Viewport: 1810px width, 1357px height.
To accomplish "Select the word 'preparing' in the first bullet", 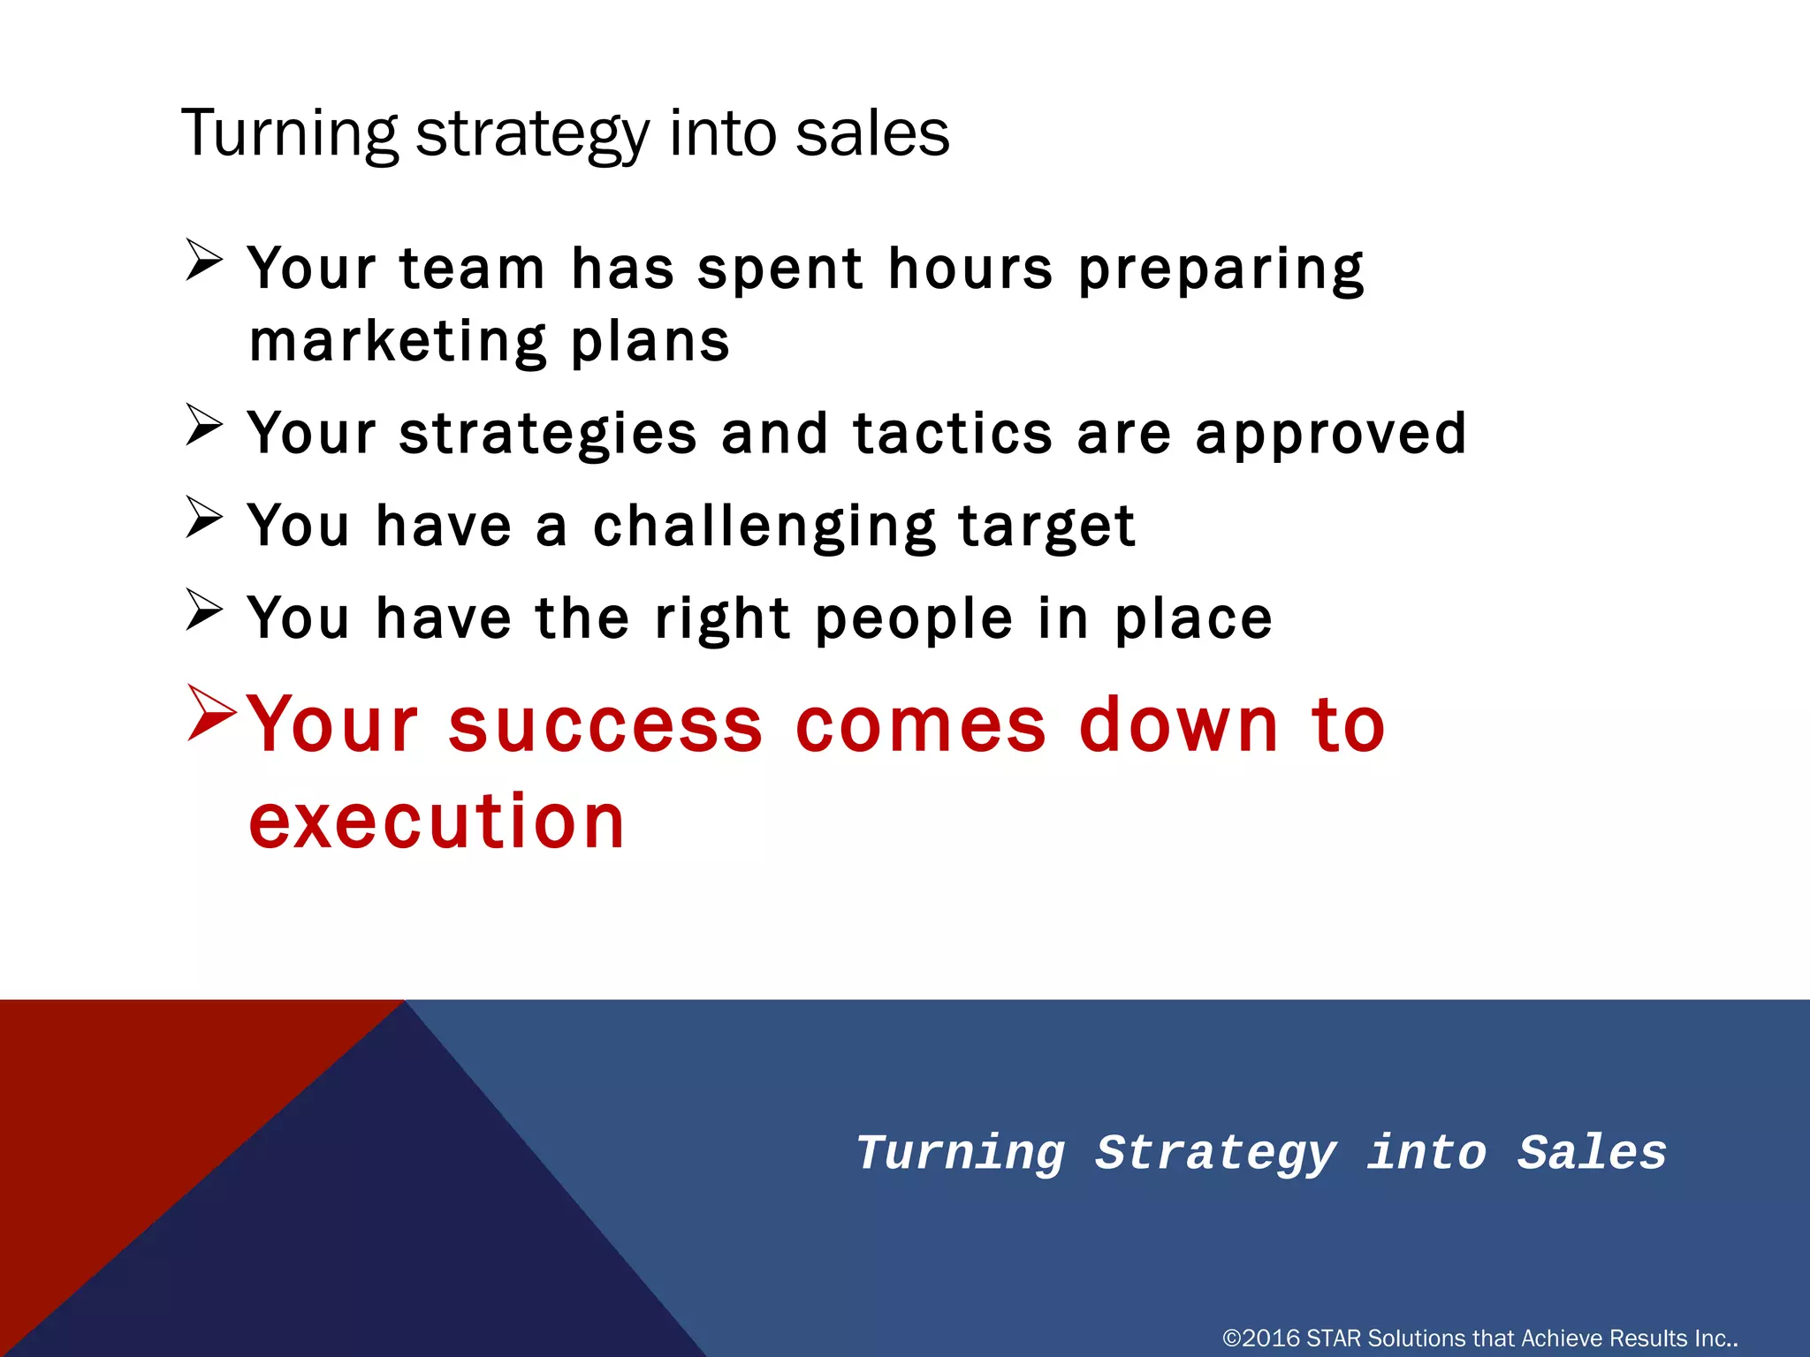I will click(x=1221, y=269).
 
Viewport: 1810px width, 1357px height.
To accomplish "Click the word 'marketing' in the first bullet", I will click(x=399, y=343).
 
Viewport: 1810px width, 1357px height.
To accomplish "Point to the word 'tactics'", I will click(x=953, y=434).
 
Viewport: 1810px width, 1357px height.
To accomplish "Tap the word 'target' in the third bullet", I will click(x=1046, y=527).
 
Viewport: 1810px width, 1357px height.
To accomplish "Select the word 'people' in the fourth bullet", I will click(x=914, y=619).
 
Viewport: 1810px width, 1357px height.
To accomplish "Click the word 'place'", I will click(x=1193, y=619).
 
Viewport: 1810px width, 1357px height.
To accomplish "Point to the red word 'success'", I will click(x=605, y=725).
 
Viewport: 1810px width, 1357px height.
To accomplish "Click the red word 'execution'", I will click(x=437, y=822).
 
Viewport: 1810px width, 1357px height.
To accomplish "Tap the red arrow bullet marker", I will click(x=211, y=712).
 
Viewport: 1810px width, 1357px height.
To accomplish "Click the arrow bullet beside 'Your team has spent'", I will click(x=204, y=261).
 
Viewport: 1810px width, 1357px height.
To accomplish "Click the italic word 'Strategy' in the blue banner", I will click(x=1215, y=1154).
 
